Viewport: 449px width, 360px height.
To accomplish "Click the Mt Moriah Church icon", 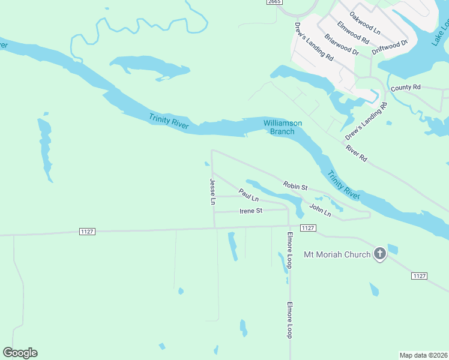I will coord(379,254).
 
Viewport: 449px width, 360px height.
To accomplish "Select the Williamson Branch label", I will coord(283,127).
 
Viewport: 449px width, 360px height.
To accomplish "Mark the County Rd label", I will coord(406,87).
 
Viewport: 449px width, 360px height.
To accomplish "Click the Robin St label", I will coord(295,186).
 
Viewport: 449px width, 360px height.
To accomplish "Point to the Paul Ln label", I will coord(248,195).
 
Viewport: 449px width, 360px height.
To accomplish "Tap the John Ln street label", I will coord(320,210).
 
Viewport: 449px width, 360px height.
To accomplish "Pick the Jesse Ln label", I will coord(212,191).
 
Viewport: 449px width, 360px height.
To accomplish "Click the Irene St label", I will coord(251,211).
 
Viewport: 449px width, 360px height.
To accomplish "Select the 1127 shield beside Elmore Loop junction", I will coord(307,227).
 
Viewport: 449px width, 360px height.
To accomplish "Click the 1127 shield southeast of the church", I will coord(420,275).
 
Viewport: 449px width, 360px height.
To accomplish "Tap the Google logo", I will coord(20,353).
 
